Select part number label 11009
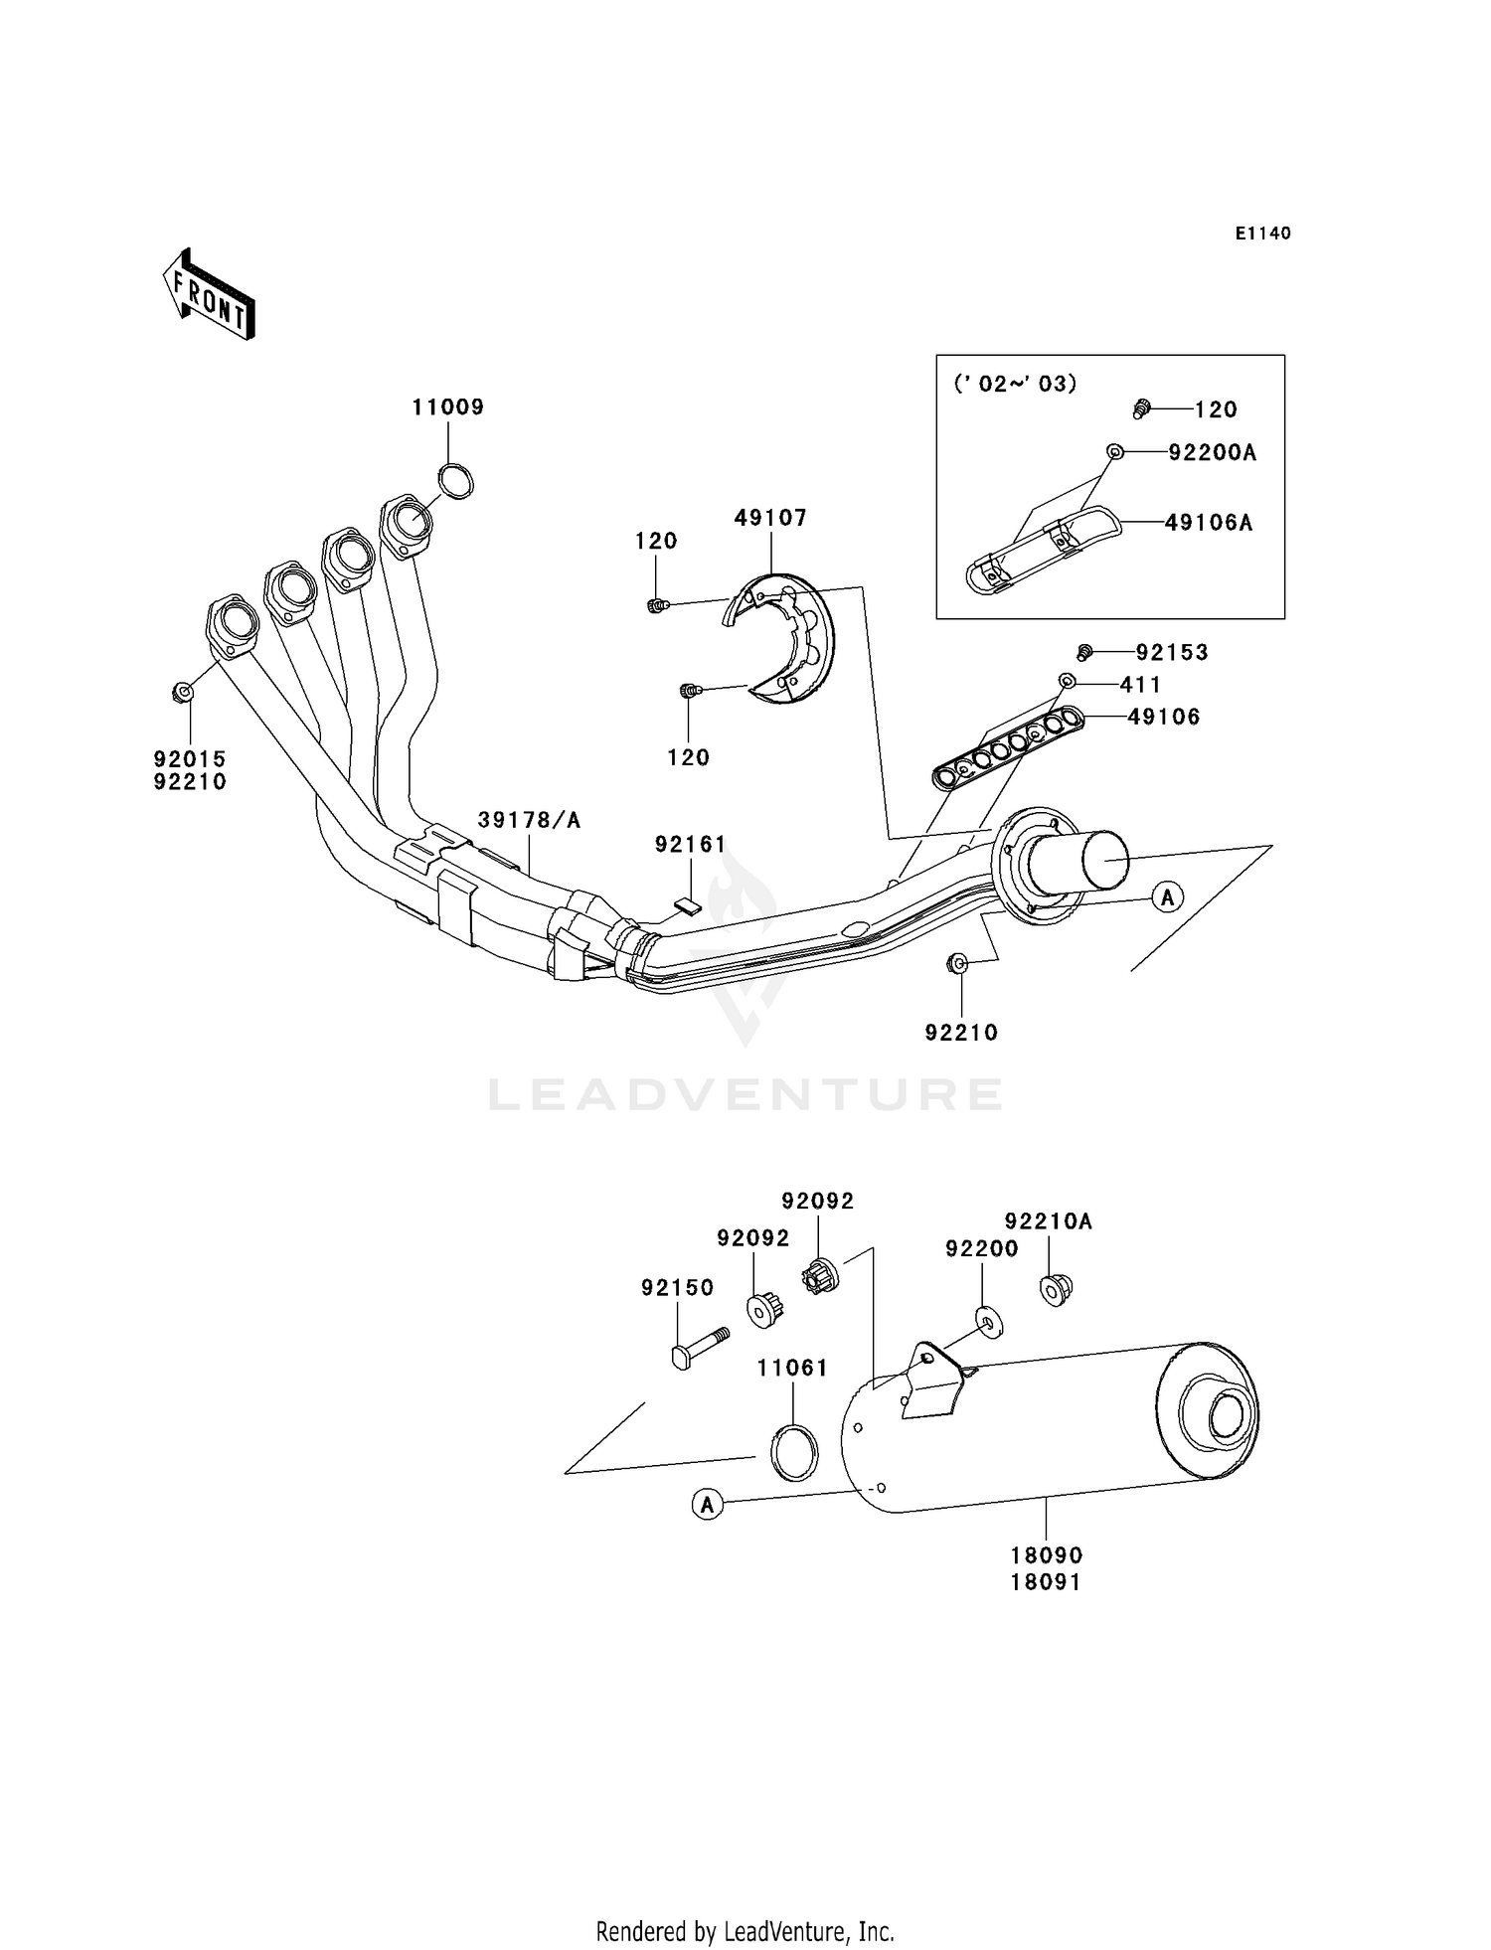(448, 407)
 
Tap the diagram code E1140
(1262, 234)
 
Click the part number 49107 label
(770, 518)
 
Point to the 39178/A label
(529, 821)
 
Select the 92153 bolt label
(1172, 653)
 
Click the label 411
(1140, 685)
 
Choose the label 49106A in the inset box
(1208, 523)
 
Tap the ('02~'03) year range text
(1015, 385)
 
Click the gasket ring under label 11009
(456, 482)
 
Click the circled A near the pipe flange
(1167, 896)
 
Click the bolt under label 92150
(700, 1346)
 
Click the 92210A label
(1048, 1221)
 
